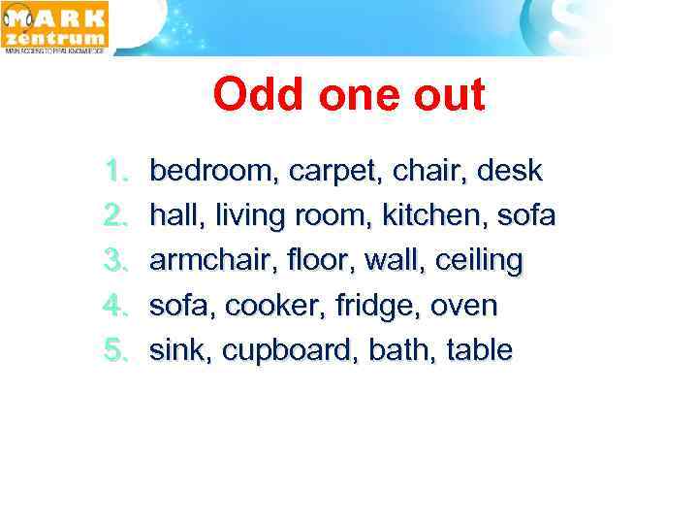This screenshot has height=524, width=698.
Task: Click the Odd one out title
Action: tap(349, 95)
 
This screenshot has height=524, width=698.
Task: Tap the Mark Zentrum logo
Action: tap(55, 26)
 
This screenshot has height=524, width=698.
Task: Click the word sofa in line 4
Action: tap(181, 306)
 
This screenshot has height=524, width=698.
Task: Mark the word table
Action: tap(479, 350)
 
